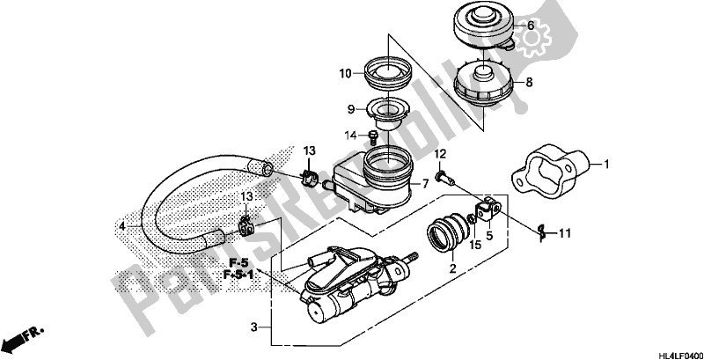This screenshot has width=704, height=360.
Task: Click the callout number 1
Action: (606, 164)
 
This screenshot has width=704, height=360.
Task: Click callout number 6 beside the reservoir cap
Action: (530, 26)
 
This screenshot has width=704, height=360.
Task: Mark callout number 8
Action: (529, 84)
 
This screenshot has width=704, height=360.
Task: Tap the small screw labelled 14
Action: (374, 136)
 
